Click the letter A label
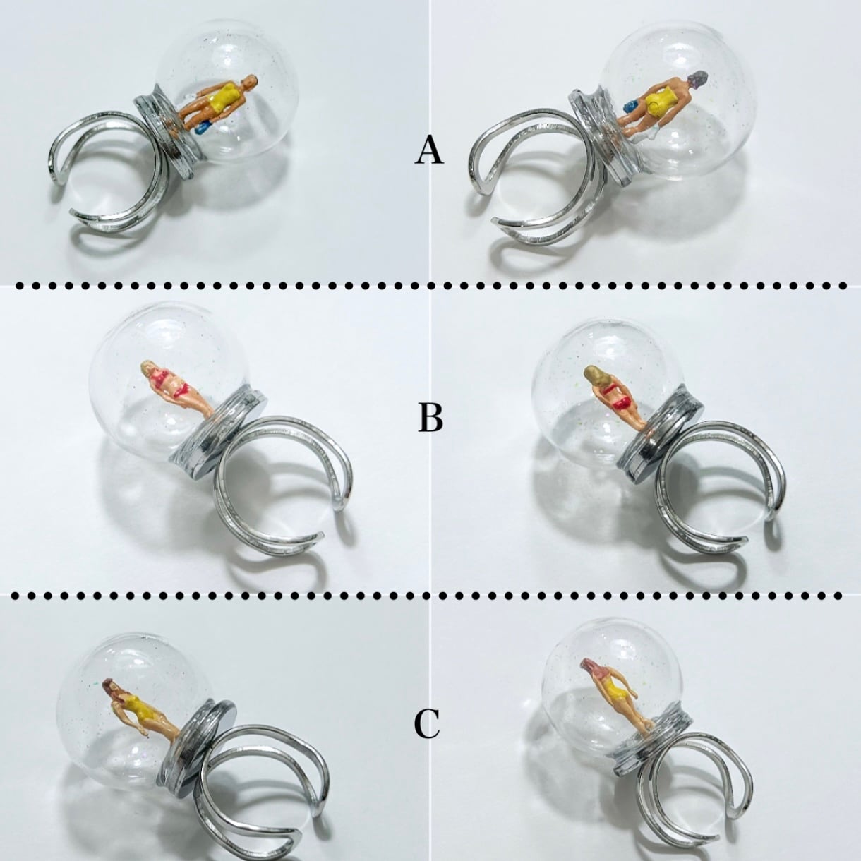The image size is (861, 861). tap(430, 151)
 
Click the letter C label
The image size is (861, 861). tap(427, 724)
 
